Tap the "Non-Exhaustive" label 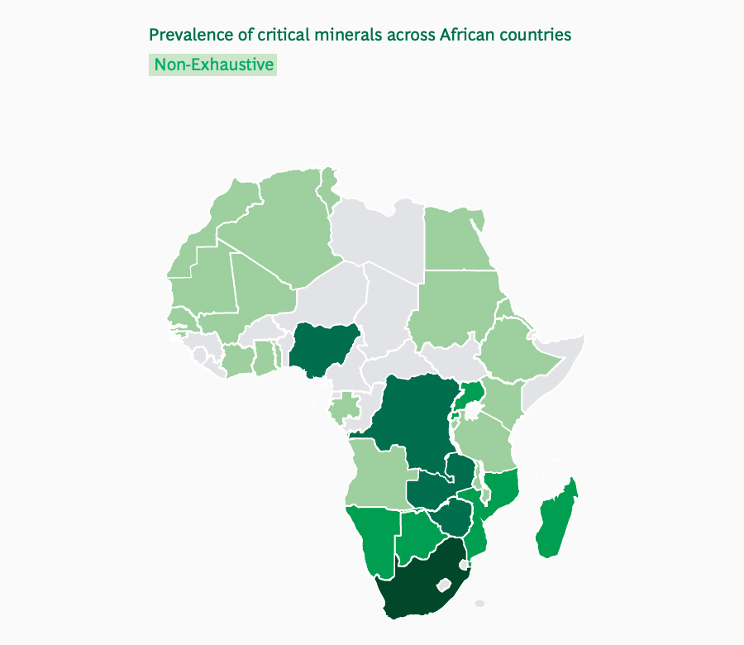(213, 64)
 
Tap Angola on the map (376, 471)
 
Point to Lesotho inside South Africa (445, 584)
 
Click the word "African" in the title (468, 35)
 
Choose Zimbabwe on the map (454, 518)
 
